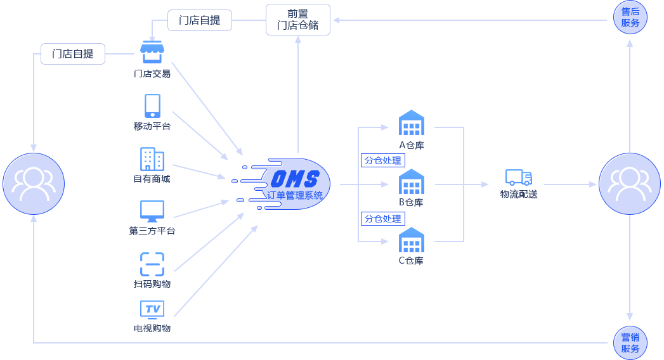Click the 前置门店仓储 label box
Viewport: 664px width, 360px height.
pyautogui.click(x=298, y=20)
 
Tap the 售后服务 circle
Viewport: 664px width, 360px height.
pyautogui.click(x=630, y=17)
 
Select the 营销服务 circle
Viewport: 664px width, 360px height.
pyautogui.click(x=630, y=343)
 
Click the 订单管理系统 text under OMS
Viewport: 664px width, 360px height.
pyautogui.click(x=295, y=195)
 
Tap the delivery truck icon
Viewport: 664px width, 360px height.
pyautogui.click(x=518, y=177)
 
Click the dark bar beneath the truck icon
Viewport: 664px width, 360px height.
pyautogui.click(x=519, y=194)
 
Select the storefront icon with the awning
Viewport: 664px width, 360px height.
pyautogui.click(x=152, y=51)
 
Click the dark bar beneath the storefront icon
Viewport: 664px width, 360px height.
pyautogui.click(x=152, y=74)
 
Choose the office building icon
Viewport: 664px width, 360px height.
pyautogui.click(x=152, y=158)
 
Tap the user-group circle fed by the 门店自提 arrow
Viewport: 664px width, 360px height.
pyautogui.click(x=34, y=183)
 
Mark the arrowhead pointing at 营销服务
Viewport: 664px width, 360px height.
pyautogui.click(x=630, y=316)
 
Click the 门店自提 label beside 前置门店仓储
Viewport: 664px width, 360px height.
pyautogui.click(x=200, y=20)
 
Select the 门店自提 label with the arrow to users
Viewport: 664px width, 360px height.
pyautogui.click(x=72, y=54)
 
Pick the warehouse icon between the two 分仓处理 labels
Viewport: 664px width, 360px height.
pyautogui.click(x=412, y=181)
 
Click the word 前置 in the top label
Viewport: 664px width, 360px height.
pyautogui.click(x=298, y=13)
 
